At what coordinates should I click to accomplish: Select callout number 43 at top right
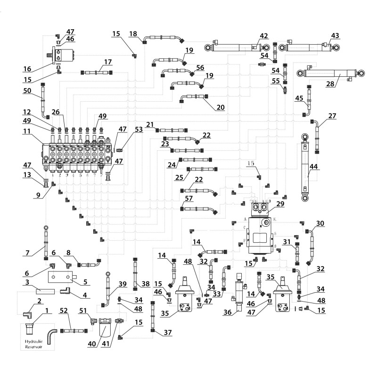point(335,35)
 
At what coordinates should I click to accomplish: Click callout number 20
point(220,107)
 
